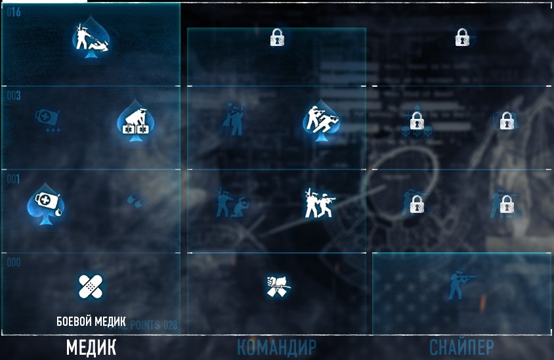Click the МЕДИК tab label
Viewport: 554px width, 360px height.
pyautogui.click(x=91, y=347)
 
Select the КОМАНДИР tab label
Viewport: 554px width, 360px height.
pyautogui.click(x=276, y=348)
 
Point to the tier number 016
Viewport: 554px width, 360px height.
pyautogui.click(x=14, y=12)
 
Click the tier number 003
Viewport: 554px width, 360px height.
pyautogui.click(x=14, y=96)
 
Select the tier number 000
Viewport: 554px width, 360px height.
pyautogui.click(x=14, y=263)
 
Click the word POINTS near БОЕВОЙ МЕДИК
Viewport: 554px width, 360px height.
pyautogui.click(x=146, y=325)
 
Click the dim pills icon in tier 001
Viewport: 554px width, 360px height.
pyautogui.click(x=137, y=200)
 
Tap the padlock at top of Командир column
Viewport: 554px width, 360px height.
pyautogui.click(x=277, y=37)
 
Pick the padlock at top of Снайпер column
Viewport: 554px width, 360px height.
pyautogui.click(x=461, y=37)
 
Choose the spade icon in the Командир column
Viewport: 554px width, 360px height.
pyautogui.click(x=321, y=120)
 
